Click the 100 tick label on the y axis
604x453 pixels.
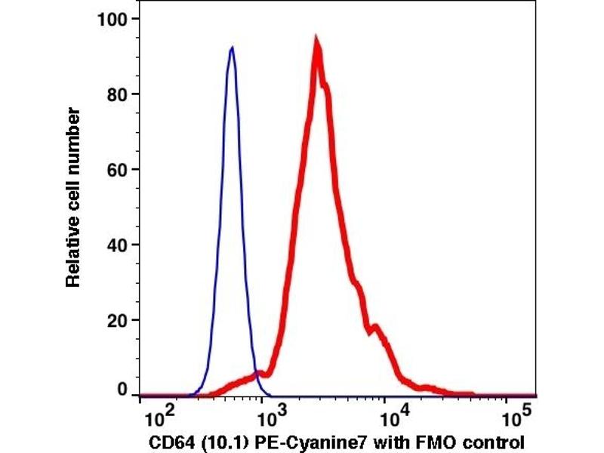tap(112, 18)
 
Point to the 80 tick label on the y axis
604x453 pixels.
tap(117, 94)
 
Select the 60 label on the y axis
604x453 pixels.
tap(117, 169)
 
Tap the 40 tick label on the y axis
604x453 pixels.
tap(117, 245)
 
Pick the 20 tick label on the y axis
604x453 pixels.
tap(117, 320)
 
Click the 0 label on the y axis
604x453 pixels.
tap(123, 391)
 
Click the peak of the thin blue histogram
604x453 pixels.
tap(232, 48)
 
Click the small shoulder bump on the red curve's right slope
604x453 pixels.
tap(375, 327)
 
